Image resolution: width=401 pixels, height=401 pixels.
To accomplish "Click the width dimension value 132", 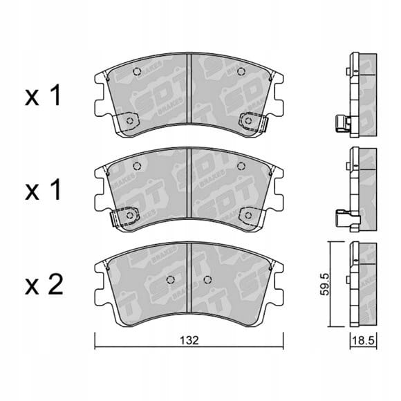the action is coord(189,340).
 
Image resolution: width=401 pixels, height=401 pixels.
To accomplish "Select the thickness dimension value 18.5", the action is coord(363,340).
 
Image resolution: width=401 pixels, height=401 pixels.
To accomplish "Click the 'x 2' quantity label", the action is coord(44,285).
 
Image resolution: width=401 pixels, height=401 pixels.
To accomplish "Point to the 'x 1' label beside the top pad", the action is coord(43,95).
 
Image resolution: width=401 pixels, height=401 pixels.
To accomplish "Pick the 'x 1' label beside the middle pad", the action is coord(43,189).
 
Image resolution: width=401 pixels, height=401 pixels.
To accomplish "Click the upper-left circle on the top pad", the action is coord(138,72).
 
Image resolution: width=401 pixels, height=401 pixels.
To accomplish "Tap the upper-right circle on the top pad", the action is coord(241,72).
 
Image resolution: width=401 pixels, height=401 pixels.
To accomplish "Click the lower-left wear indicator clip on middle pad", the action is coord(124,216).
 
